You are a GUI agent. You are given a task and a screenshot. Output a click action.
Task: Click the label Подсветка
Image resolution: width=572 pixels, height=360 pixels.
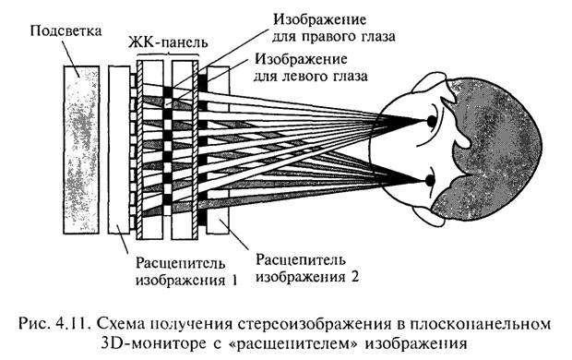tap(66, 30)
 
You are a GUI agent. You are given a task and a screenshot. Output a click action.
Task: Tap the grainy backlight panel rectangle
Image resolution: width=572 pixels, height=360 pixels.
tap(81, 150)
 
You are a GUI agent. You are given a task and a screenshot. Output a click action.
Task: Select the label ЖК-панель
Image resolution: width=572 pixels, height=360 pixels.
tap(168, 42)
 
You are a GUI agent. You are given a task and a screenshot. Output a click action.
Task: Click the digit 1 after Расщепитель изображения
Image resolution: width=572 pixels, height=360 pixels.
tap(233, 281)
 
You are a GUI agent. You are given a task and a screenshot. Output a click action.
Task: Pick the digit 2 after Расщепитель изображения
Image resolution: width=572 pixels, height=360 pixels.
tap(354, 276)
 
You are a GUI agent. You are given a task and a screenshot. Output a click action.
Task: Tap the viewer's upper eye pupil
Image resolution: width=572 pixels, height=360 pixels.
tap(432, 121)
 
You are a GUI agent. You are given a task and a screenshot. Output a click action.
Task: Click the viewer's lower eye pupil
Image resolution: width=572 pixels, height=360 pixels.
tap(430, 180)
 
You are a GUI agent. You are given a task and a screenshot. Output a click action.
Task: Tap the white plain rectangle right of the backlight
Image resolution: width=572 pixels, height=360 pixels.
tap(119, 150)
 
